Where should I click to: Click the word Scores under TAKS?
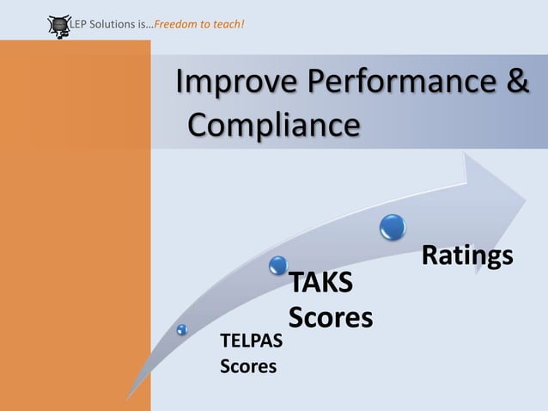pyautogui.click(x=331, y=318)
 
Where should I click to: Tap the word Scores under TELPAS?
pyautogui.click(x=249, y=367)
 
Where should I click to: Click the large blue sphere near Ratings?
pyautogui.click(x=393, y=227)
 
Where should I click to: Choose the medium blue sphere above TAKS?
pyautogui.click(x=278, y=265)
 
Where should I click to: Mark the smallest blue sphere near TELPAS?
pyautogui.click(x=182, y=329)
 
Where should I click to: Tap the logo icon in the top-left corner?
pyautogui.click(x=58, y=26)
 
